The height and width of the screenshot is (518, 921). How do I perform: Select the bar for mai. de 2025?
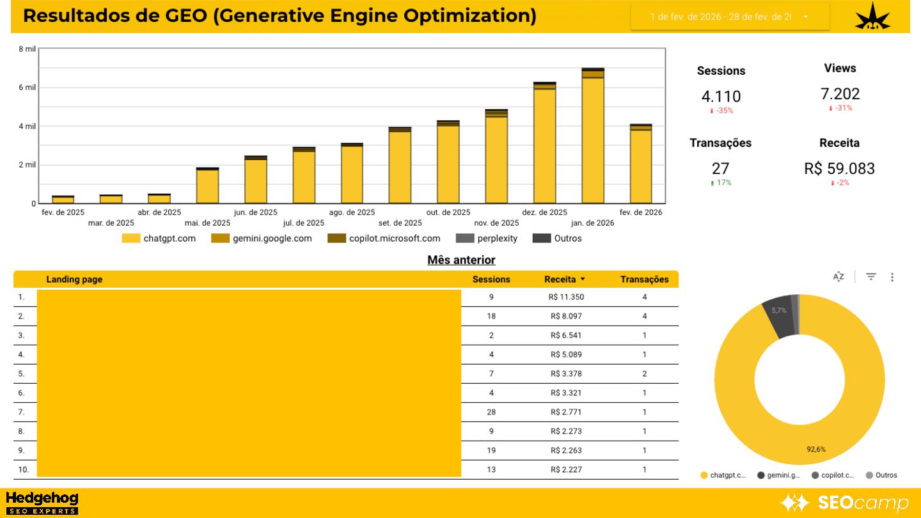207,185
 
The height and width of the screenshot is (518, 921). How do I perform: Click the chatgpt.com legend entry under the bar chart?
159,239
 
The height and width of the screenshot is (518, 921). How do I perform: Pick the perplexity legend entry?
487,239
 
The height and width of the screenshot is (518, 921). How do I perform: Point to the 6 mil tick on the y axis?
27,88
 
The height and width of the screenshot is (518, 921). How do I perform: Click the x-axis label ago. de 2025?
352,212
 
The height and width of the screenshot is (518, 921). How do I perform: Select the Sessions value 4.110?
721,97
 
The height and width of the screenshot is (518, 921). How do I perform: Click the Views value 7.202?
840,94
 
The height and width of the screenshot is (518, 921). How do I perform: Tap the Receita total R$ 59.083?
839,169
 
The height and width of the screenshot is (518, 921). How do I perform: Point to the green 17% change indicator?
721,183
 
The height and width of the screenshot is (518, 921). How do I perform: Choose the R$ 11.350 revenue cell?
566,297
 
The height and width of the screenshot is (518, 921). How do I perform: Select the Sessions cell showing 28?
491,412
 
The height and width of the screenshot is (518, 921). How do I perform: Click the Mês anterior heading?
461,260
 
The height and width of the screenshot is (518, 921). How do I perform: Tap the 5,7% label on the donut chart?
778,311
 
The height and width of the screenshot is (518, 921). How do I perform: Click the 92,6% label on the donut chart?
815,449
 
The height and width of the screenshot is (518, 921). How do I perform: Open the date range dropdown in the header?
730,17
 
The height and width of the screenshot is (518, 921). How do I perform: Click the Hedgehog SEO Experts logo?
42,503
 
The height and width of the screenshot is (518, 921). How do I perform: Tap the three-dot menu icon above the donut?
892,277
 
